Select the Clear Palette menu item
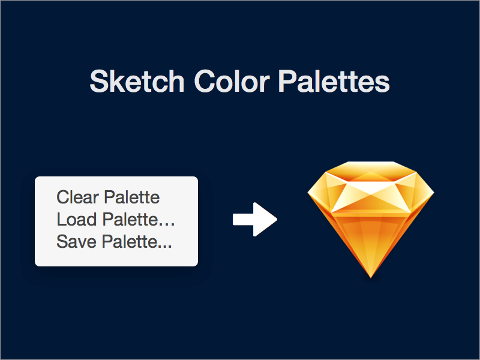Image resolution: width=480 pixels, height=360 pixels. (108, 197)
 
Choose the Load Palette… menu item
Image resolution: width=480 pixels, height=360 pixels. (115, 219)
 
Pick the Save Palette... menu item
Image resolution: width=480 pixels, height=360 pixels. (114, 242)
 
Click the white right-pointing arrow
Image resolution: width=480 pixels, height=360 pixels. (254, 220)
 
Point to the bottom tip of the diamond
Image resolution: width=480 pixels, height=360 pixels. (371, 277)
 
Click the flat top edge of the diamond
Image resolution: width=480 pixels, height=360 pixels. (371, 162)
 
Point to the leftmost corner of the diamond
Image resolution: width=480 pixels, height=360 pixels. (308, 193)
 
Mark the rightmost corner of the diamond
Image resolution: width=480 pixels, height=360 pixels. (434, 193)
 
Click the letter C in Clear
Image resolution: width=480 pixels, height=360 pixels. (62, 197)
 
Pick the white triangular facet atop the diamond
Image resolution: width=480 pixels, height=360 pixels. (371, 186)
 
